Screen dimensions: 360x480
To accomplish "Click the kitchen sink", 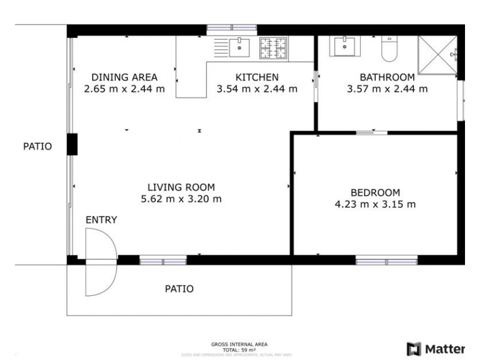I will pyautogui.click(x=239, y=46).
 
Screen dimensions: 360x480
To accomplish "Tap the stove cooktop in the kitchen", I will pyautogui.click(x=274, y=47).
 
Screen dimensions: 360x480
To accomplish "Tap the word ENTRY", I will pyautogui.click(x=101, y=220).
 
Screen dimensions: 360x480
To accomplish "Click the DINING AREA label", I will pyautogui.click(x=124, y=77).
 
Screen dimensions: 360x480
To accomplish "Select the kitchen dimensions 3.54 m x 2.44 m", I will pyautogui.click(x=257, y=89).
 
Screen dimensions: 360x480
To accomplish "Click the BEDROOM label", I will pyautogui.click(x=375, y=193).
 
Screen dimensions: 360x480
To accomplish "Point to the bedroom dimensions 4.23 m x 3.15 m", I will pyautogui.click(x=375, y=204).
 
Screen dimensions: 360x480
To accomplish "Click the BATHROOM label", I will pyautogui.click(x=387, y=77).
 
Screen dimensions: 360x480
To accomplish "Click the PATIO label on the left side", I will pyautogui.click(x=37, y=146).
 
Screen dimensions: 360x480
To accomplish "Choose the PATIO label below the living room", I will pyautogui.click(x=179, y=289).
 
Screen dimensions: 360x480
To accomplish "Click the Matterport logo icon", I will pyautogui.click(x=414, y=349).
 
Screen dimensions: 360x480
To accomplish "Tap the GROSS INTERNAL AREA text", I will pyautogui.click(x=239, y=344).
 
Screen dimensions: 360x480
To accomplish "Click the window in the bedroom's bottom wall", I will pyautogui.click(x=386, y=260).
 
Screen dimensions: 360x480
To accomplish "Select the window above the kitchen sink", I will pyautogui.click(x=232, y=28).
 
